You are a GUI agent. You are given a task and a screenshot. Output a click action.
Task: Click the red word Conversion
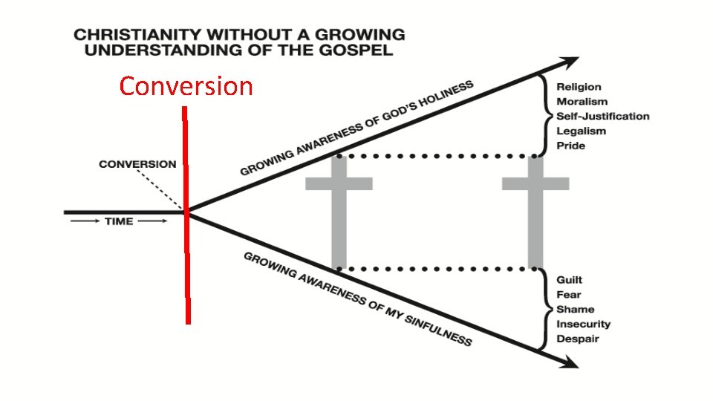(186, 87)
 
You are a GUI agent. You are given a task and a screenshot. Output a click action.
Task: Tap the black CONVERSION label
(138, 164)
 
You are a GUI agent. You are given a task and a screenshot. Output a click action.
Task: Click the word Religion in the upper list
(579, 87)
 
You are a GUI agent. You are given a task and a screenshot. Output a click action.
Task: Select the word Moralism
(582, 102)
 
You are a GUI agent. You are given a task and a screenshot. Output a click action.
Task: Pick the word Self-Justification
(602, 117)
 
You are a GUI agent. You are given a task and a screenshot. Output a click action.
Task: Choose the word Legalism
(581, 131)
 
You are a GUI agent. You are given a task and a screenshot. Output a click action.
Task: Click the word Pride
(570, 146)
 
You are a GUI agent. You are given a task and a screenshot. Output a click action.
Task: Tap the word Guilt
(569, 280)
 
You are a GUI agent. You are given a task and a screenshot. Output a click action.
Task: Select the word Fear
(568, 295)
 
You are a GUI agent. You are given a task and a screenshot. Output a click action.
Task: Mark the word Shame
(575, 310)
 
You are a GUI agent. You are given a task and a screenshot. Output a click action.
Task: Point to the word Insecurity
(583, 325)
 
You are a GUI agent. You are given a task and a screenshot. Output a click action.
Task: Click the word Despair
(577, 339)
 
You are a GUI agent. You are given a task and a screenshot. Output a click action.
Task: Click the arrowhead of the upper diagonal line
(571, 62)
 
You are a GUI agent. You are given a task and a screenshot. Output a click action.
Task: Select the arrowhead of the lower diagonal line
(571, 362)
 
